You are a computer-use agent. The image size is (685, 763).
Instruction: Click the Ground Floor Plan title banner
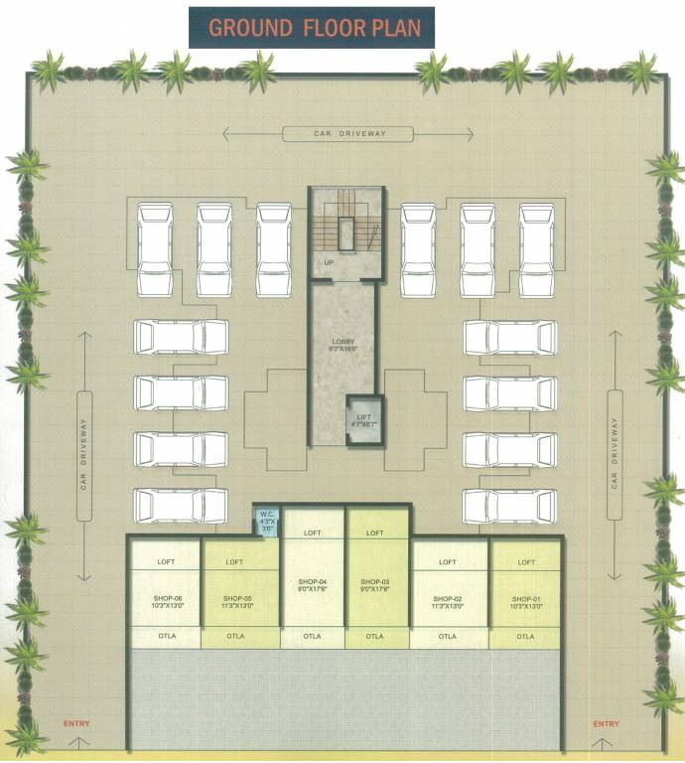313,27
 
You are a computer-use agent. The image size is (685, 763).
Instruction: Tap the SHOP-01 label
525,599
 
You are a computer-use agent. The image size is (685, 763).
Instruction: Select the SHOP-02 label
448,599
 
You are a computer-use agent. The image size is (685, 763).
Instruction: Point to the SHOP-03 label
374,581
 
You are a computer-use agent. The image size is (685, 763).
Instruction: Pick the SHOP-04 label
312,581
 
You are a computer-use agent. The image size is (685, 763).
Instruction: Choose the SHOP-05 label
235,599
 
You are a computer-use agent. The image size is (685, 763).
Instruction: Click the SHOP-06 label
167,599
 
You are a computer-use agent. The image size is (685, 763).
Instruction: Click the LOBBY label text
342,342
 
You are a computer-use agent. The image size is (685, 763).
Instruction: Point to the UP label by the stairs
329,263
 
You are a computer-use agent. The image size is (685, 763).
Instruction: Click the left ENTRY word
75,724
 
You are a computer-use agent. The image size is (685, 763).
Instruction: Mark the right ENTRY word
605,724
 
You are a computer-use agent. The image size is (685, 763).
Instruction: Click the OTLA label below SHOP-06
167,636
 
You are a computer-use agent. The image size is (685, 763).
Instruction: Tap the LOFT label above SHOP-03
374,534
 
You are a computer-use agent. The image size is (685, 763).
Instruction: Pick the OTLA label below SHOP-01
525,636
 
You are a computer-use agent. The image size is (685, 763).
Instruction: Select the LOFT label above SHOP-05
235,562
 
